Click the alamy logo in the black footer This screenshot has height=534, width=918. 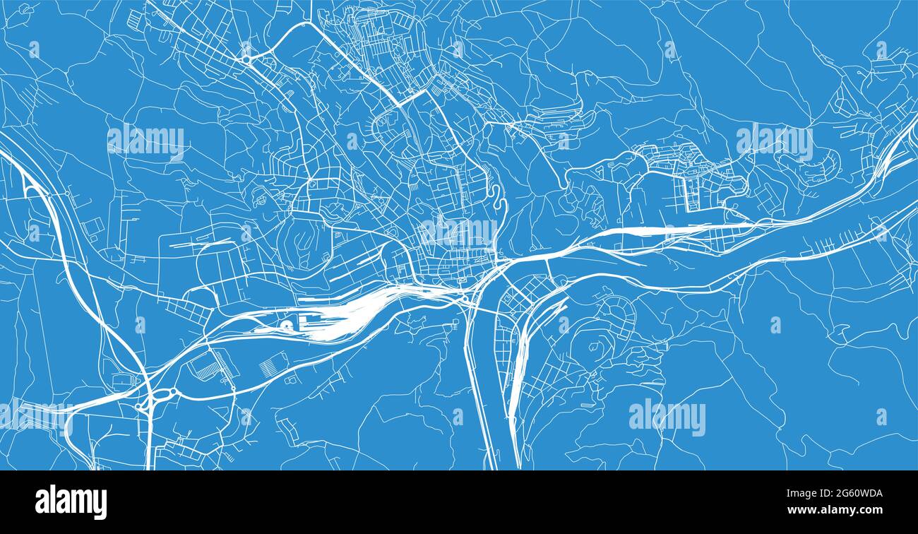(x=71, y=502)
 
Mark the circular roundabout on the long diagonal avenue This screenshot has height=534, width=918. (x=247, y=59)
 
